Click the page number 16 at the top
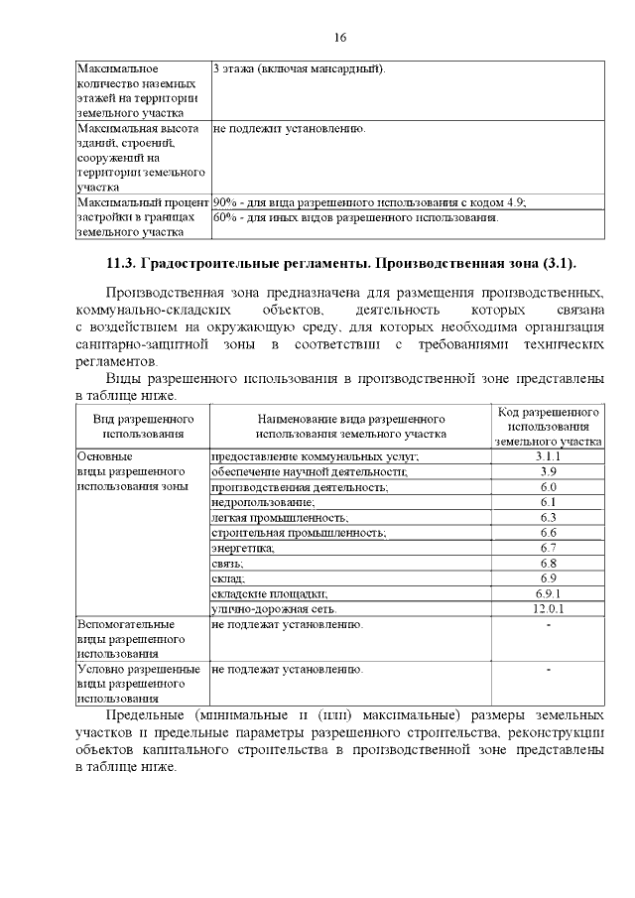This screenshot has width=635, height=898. coord(340,38)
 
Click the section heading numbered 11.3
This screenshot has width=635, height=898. coord(340,264)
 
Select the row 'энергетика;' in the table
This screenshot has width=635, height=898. coord(243,548)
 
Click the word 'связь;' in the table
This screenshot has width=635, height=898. coord(228,563)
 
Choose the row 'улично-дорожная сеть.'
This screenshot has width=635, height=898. coord(274,608)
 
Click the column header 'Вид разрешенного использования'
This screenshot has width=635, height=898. coord(143,426)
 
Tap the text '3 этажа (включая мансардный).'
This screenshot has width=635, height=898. coord(299,69)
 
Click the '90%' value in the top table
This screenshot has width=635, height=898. coord(226,202)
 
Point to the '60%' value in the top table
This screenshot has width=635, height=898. coord(226,217)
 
